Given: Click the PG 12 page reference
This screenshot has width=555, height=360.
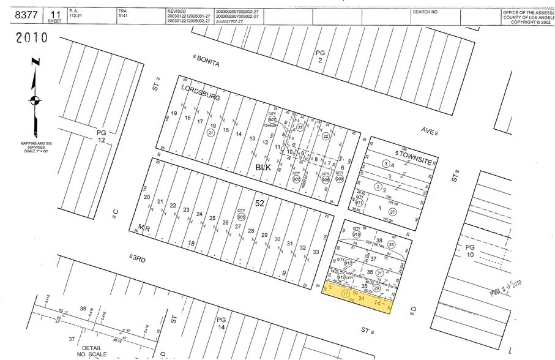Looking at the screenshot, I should pyautogui.click(x=101, y=136).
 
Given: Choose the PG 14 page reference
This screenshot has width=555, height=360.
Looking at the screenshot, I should pyautogui.click(x=222, y=324).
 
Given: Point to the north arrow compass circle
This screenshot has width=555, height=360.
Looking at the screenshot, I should pyautogui.click(x=35, y=102).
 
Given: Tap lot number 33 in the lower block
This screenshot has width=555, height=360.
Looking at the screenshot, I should pyautogui.click(x=316, y=251).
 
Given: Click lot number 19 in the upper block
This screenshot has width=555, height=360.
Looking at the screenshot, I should pyautogui.click(x=174, y=114).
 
